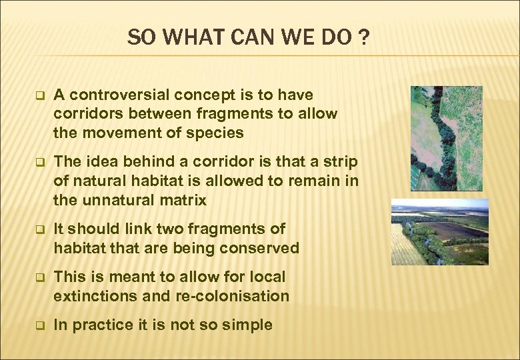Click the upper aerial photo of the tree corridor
(x=446, y=138)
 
